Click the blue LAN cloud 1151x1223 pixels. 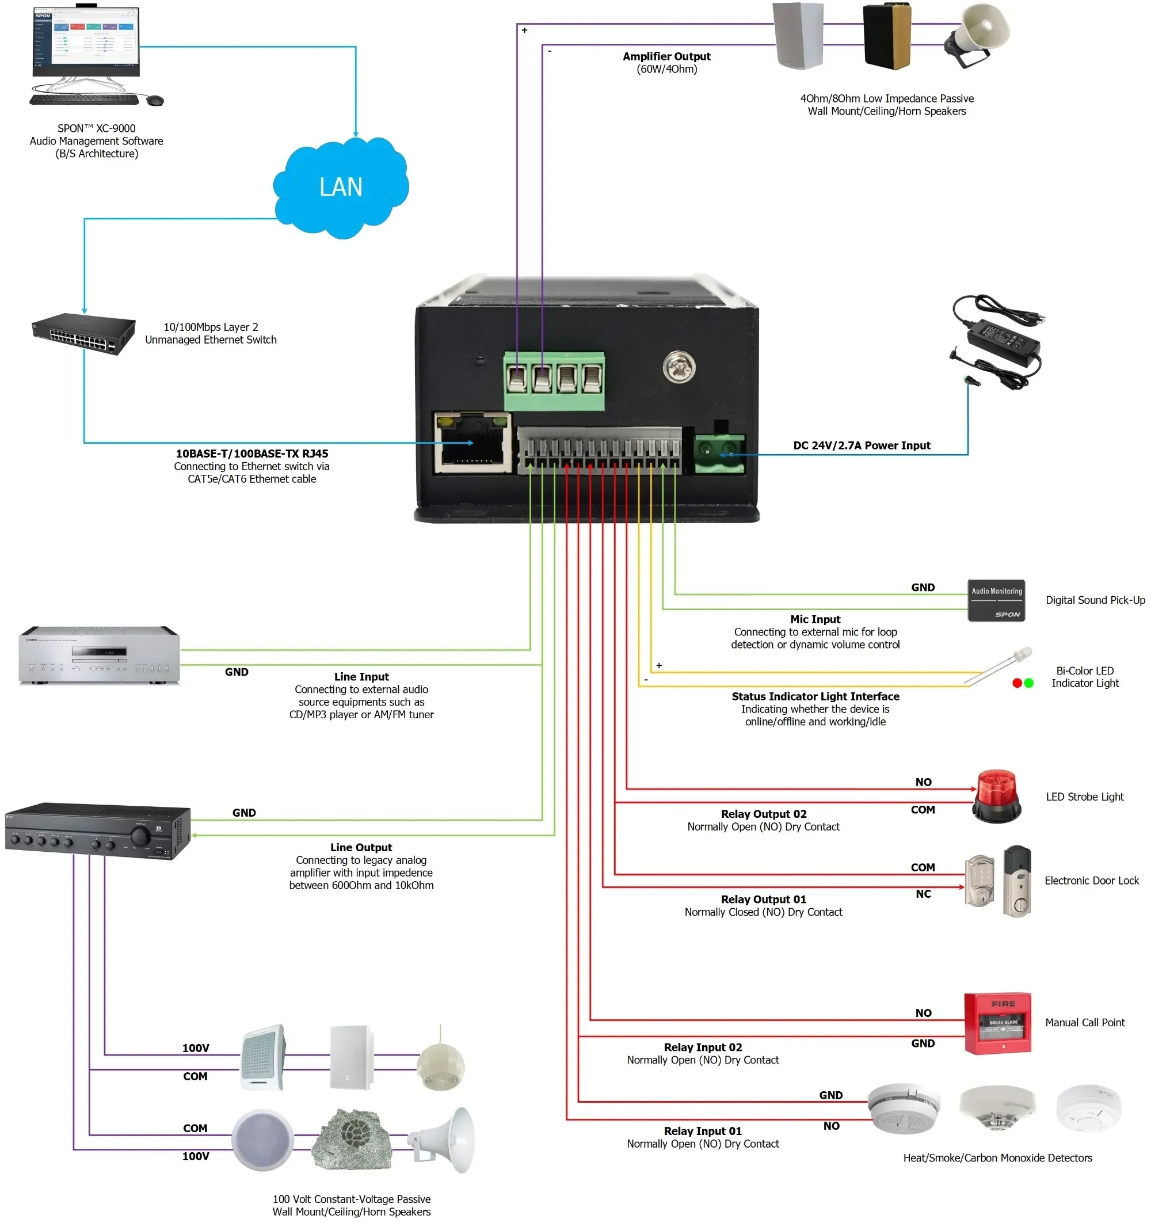(x=340, y=187)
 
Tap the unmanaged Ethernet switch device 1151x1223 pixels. (x=84, y=333)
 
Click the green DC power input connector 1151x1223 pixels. (x=719, y=454)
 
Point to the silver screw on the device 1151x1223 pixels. (x=679, y=367)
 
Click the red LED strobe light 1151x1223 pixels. (x=996, y=795)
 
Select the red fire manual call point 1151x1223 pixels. (x=997, y=1023)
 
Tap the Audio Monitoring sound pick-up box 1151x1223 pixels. (x=996, y=600)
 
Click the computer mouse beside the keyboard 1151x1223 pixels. (x=155, y=100)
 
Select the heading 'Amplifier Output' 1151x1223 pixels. (x=666, y=56)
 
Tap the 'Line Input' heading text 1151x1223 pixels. (x=361, y=677)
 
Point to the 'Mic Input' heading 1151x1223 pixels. (x=815, y=619)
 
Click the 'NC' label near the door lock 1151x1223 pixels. (x=923, y=894)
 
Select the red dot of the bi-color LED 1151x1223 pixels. (x=1017, y=683)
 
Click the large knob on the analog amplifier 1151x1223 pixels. (x=140, y=836)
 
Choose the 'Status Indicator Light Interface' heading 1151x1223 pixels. (x=815, y=696)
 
